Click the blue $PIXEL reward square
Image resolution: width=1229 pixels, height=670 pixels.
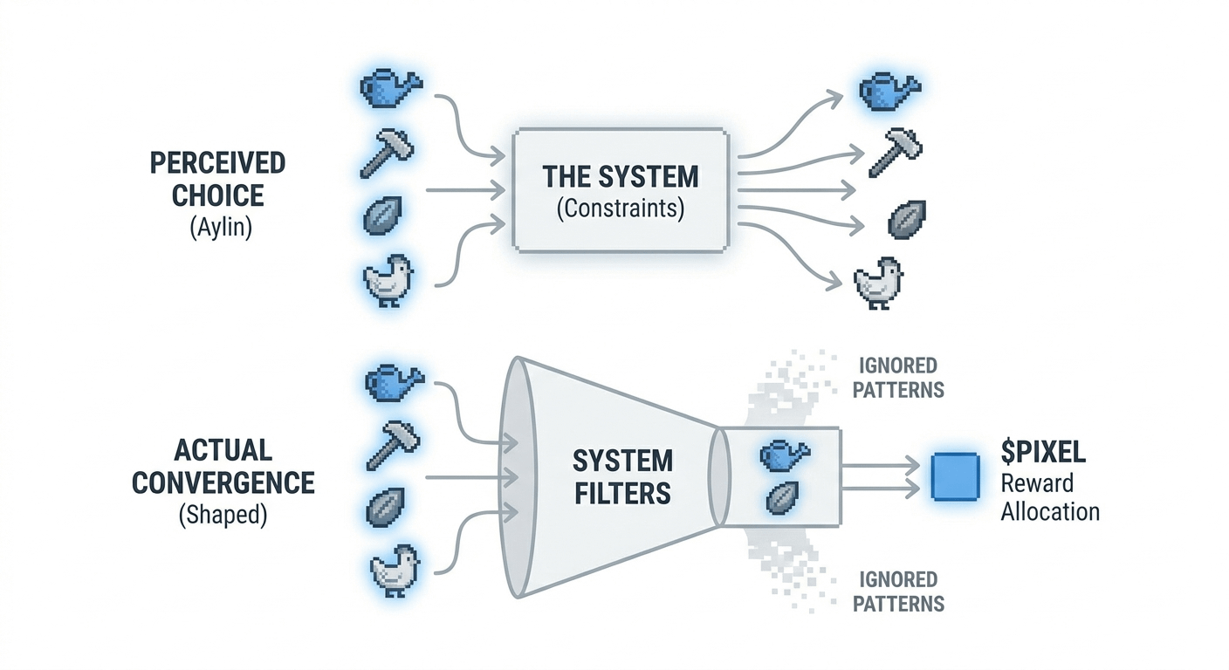[955, 476]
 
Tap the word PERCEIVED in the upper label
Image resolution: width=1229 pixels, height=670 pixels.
[218, 163]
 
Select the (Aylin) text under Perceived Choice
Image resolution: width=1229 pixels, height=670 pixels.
[221, 227]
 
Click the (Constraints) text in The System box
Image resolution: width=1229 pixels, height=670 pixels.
[621, 209]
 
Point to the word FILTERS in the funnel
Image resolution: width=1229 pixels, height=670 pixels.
[622, 493]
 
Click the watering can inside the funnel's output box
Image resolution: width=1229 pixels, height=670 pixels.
[785, 455]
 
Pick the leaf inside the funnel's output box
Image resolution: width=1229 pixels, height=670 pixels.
[782, 497]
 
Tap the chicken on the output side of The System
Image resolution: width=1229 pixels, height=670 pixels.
[878, 283]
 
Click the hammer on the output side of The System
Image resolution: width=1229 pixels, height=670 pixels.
[896, 152]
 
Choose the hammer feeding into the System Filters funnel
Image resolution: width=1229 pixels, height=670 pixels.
[393, 445]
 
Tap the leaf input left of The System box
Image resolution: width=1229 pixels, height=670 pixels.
[382, 215]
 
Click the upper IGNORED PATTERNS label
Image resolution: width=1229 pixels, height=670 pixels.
[898, 378]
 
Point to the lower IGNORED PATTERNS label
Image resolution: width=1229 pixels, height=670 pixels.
[898, 591]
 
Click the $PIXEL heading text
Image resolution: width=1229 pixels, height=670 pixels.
[1043, 452]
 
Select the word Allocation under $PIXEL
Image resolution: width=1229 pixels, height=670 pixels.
[1050, 511]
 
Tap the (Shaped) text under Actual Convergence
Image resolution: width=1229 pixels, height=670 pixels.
[223, 515]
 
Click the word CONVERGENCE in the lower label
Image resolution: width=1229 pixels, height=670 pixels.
[223, 483]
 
